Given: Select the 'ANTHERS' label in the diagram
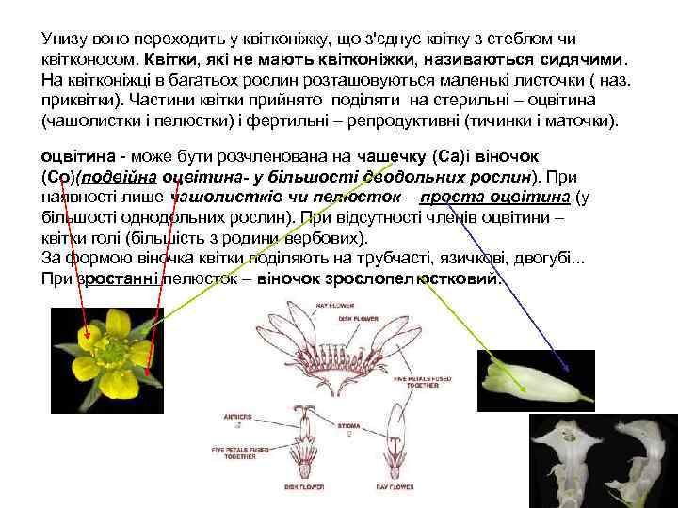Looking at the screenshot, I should (238, 415).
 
